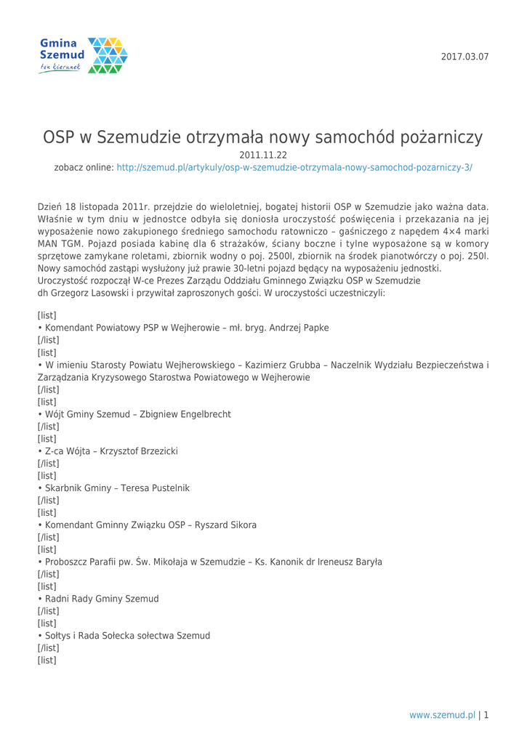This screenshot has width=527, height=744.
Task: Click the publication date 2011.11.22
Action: pos(264,154)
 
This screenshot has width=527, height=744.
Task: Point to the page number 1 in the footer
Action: pos(486,715)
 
